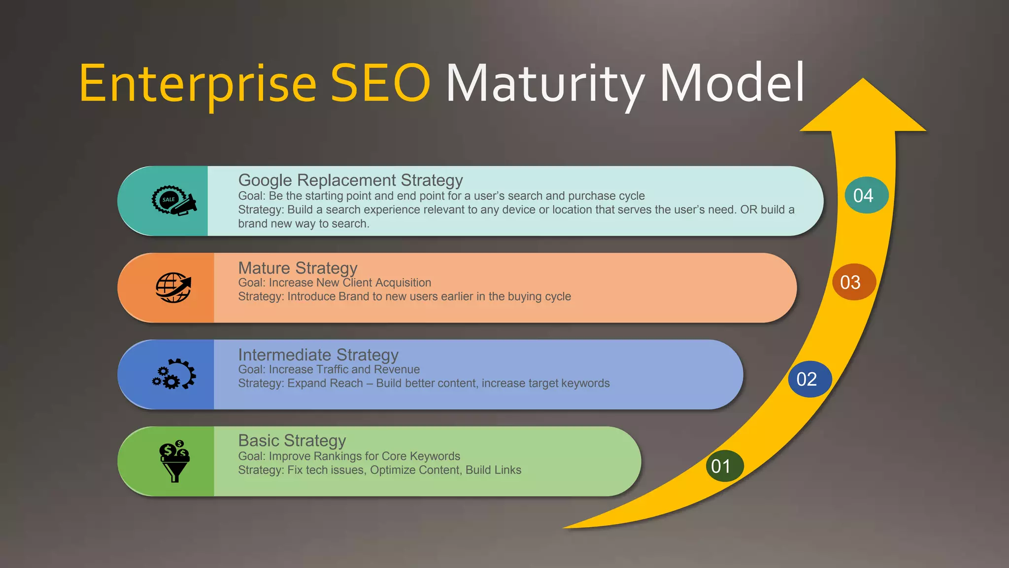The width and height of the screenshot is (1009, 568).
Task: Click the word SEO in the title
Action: click(x=380, y=84)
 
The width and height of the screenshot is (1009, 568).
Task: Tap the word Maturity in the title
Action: click(x=545, y=84)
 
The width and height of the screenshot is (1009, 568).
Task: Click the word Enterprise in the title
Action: click(x=197, y=84)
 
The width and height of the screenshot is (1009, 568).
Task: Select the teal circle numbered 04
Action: click(x=866, y=195)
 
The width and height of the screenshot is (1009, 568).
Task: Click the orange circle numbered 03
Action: click(x=853, y=282)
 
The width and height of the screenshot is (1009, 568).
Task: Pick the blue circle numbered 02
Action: click(x=809, y=379)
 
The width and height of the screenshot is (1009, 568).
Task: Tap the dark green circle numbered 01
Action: click(x=724, y=466)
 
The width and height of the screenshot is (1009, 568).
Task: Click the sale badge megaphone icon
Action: click(x=173, y=201)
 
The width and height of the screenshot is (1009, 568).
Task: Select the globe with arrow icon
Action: click(x=173, y=287)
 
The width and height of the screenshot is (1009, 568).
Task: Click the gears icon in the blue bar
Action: click(x=174, y=374)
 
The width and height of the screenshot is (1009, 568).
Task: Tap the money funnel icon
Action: click(x=174, y=461)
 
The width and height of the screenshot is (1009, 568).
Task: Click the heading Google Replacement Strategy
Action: click(x=350, y=180)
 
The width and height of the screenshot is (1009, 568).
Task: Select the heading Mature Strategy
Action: click(x=298, y=268)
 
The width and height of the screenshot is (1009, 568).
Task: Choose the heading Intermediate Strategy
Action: click(x=318, y=355)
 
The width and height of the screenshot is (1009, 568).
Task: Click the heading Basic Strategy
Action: click(x=292, y=440)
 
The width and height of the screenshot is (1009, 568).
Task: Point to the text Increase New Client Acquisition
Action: click(x=350, y=283)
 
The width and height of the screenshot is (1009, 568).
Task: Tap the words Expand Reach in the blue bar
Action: click(x=325, y=383)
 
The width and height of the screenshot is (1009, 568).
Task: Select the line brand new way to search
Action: click(x=303, y=224)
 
